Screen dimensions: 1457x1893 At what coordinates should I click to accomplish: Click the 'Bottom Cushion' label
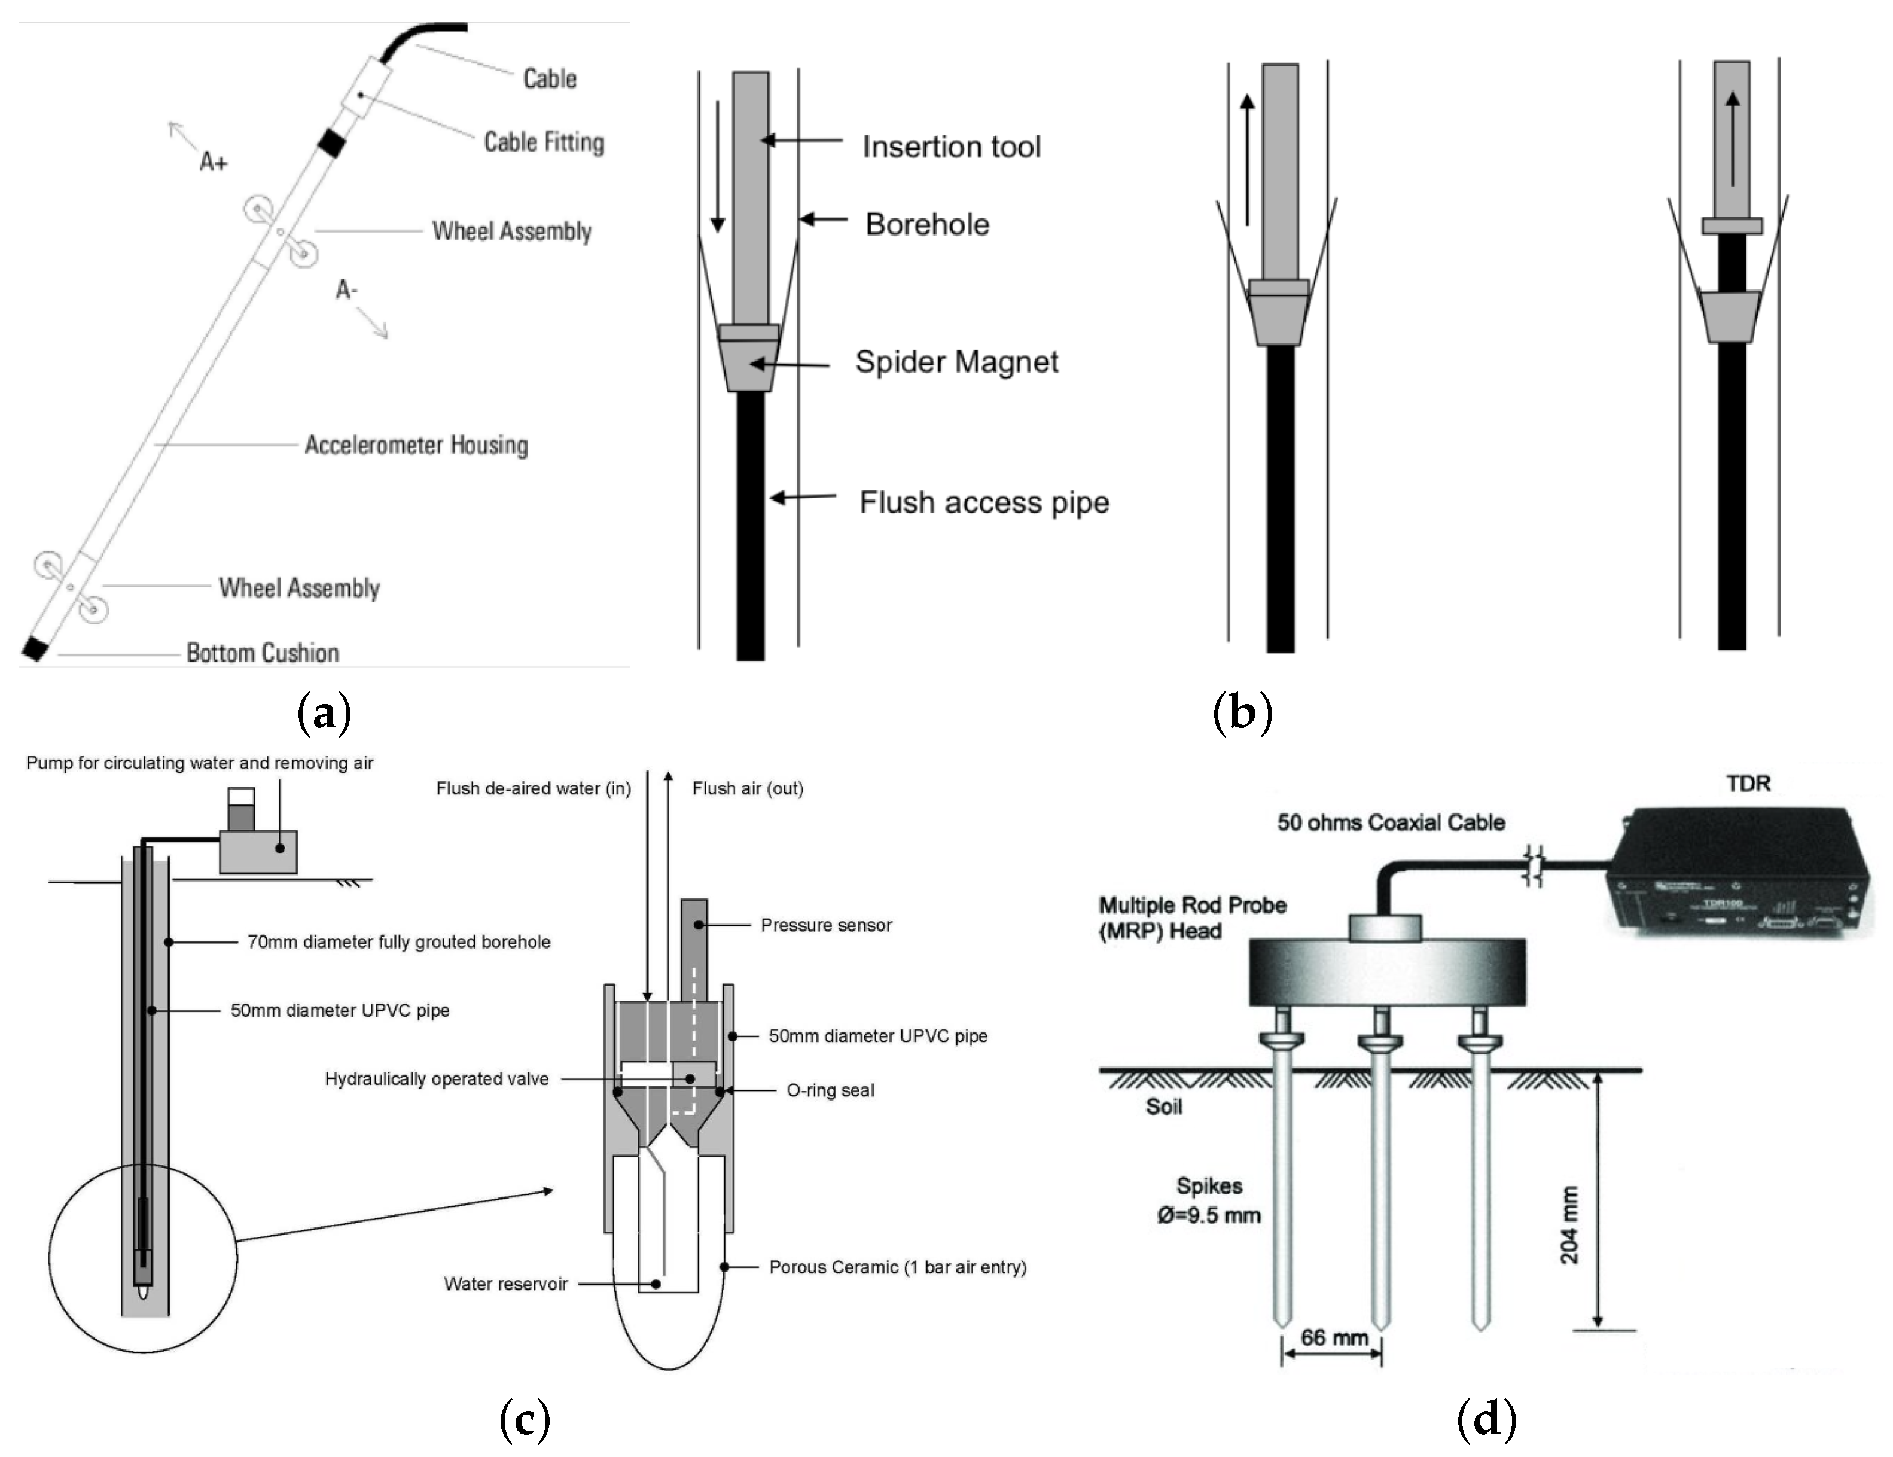click(263, 653)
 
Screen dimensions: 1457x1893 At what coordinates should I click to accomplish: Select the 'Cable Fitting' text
click(544, 142)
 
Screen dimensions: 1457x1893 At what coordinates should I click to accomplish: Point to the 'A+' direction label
click(213, 162)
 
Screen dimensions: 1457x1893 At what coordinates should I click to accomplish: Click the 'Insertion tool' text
click(951, 147)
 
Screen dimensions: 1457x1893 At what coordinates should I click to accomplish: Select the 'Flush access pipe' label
click(984, 502)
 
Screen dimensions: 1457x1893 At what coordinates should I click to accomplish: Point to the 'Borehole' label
click(926, 224)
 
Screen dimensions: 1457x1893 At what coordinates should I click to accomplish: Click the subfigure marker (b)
click(1242, 712)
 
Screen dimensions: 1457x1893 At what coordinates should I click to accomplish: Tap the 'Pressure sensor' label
click(825, 925)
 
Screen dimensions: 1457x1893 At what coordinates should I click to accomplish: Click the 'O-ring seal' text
click(830, 1090)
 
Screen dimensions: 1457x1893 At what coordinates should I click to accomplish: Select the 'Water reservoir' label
click(505, 1284)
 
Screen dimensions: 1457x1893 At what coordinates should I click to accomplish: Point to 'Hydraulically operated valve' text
click(436, 1079)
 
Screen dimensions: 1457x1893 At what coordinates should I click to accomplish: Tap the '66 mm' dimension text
click(1333, 1337)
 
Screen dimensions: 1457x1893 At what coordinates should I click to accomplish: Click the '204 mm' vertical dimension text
click(1569, 1224)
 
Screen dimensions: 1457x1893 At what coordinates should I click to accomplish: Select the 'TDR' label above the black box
click(1748, 784)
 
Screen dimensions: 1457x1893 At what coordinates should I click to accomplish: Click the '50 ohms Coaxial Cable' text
click(1390, 822)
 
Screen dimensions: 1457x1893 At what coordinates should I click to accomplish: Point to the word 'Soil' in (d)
click(1163, 1107)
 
